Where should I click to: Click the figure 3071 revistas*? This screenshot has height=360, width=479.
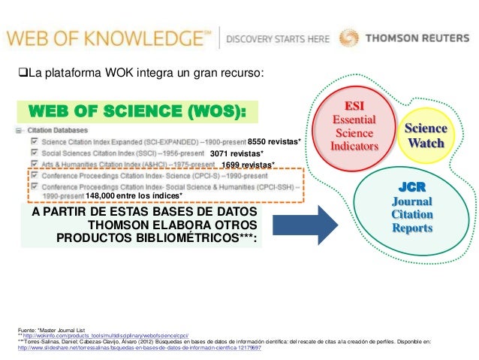236,153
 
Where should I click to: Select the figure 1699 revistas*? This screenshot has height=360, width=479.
249,165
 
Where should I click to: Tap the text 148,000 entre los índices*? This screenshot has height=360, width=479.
134,196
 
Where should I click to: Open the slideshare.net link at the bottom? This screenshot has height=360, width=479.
139,348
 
